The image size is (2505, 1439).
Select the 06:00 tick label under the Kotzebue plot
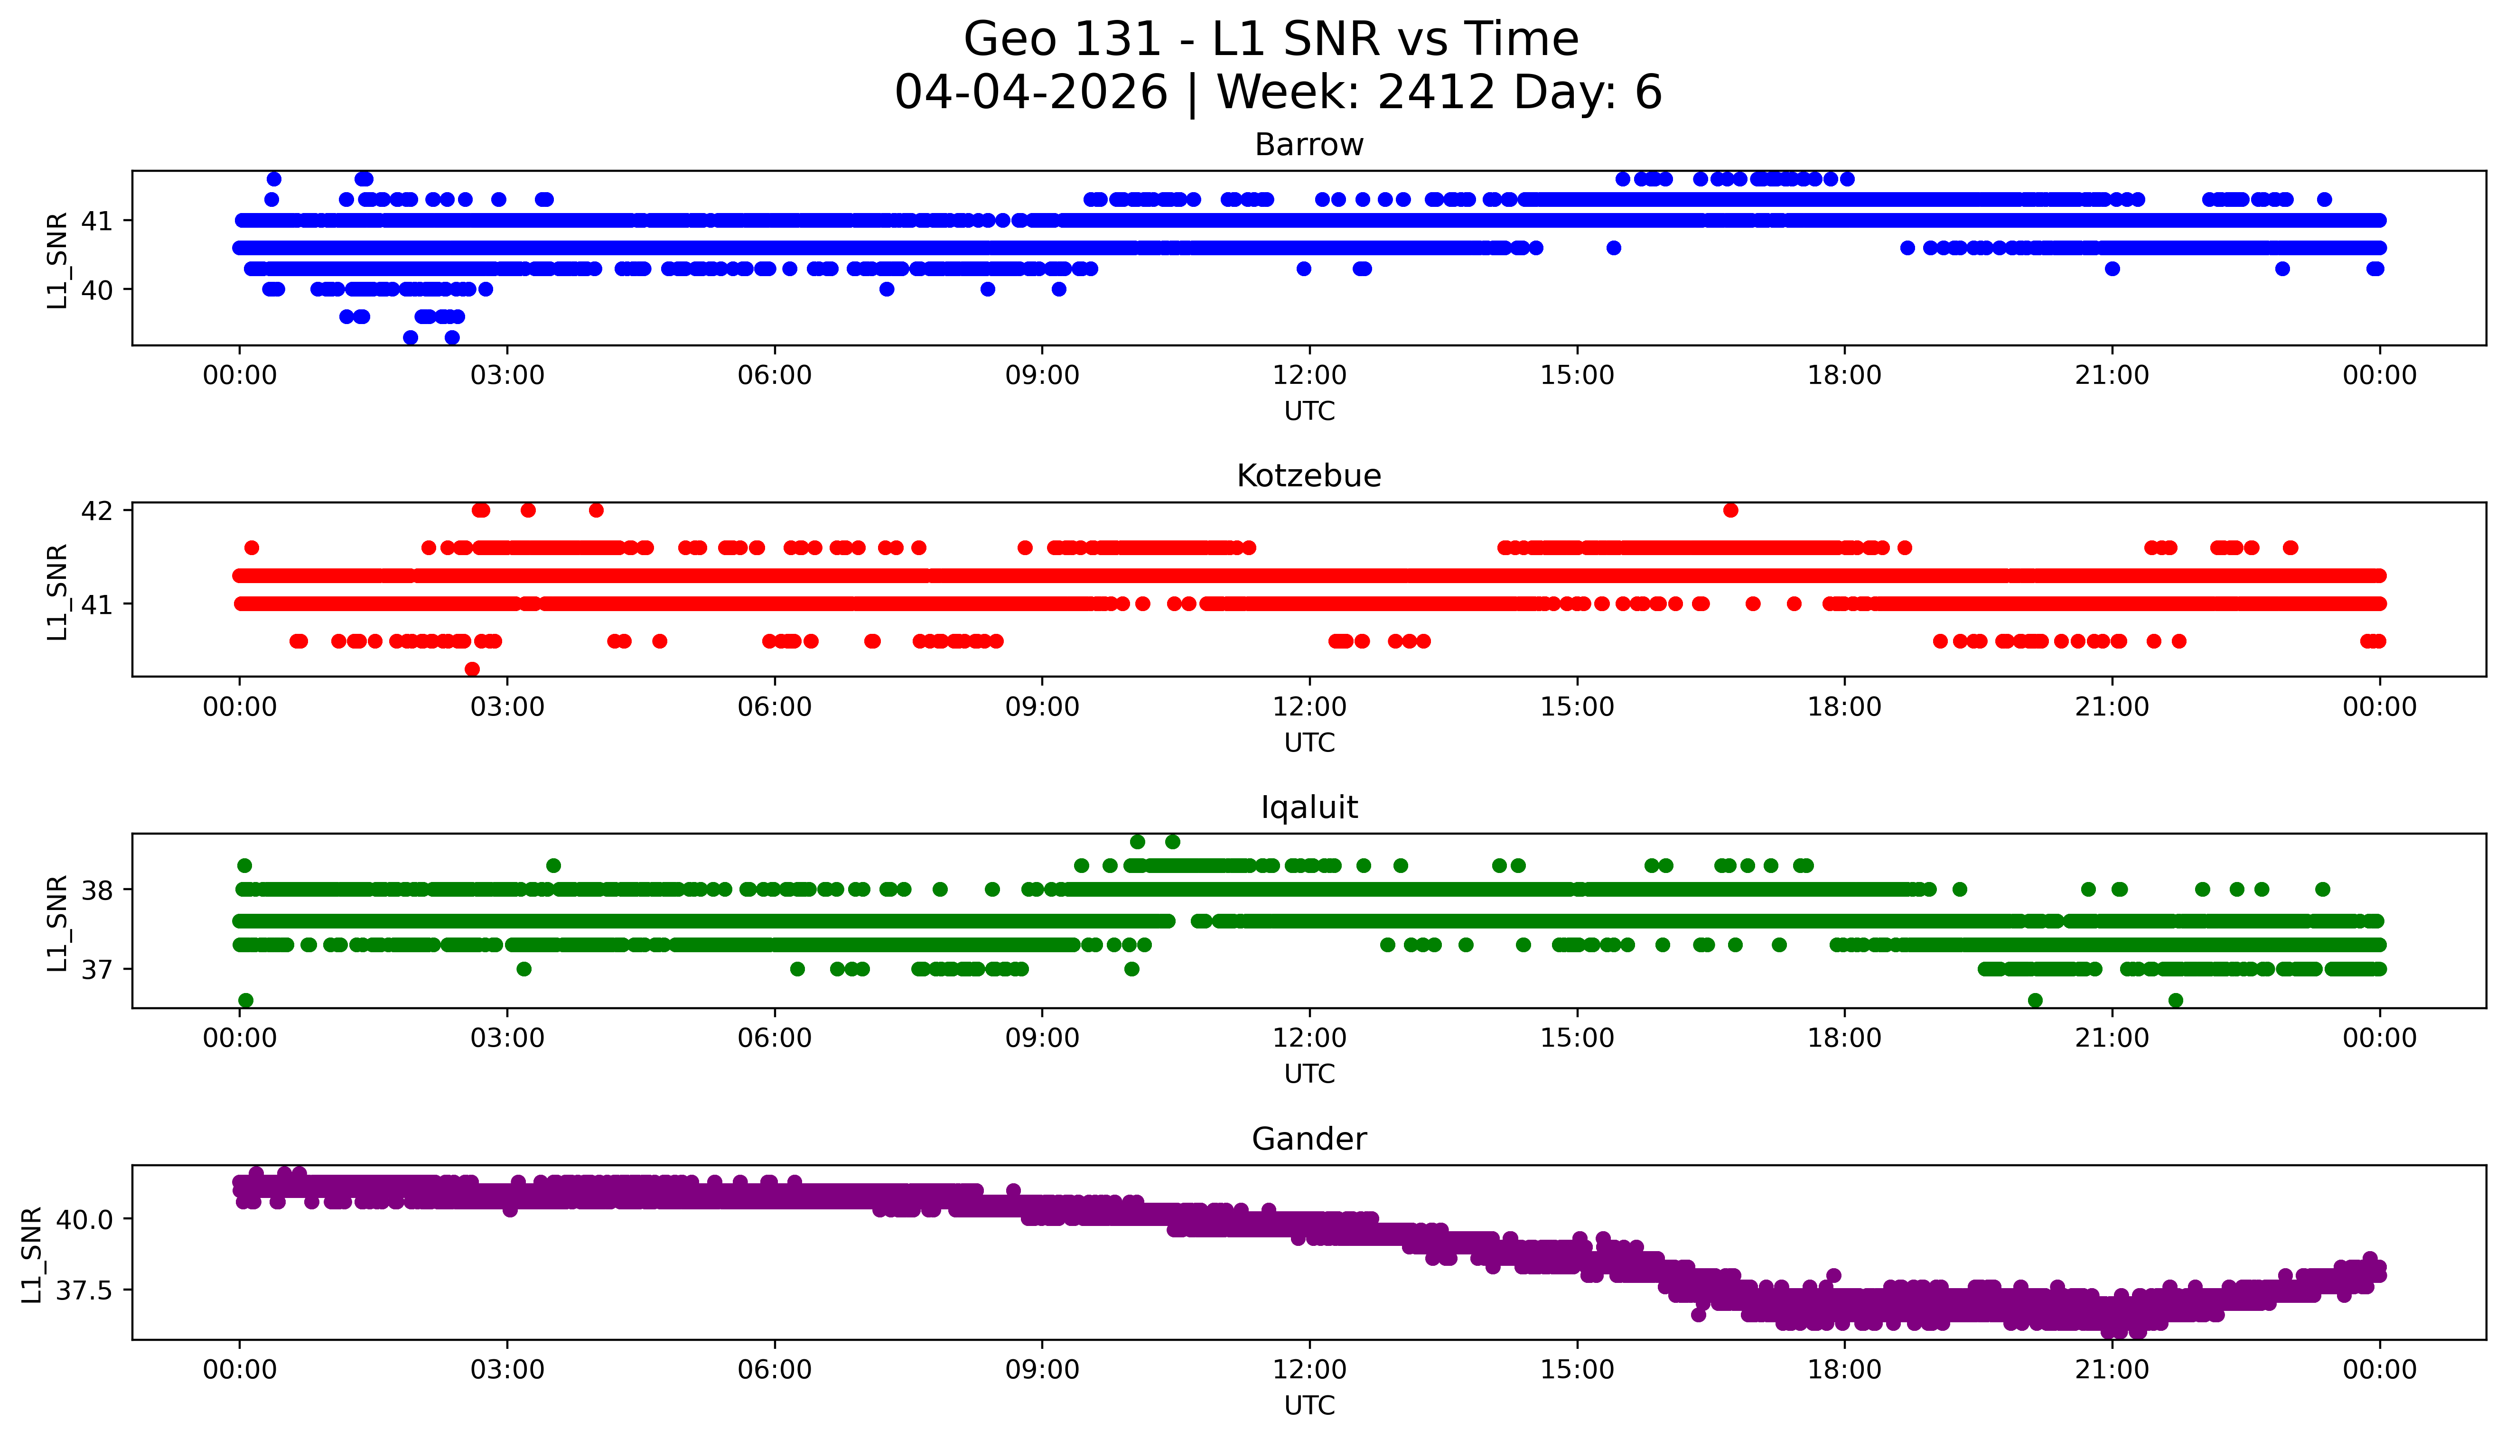coord(774,708)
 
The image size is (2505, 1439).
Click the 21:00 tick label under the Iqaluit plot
coord(2112,1039)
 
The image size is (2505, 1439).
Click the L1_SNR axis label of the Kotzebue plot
coord(57,591)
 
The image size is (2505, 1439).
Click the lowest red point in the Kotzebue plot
coord(473,669)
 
